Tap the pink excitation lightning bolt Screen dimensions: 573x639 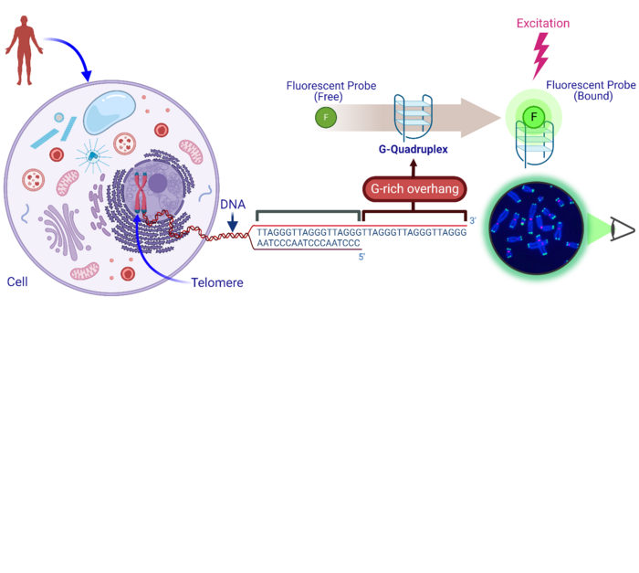tap(541, 56)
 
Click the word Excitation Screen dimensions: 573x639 tap(542, 23)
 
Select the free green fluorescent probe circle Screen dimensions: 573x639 tap(325, 117)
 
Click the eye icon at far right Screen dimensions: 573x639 tap(622, 230)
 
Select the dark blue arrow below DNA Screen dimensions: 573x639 tap(234, 224)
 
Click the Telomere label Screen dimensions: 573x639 tap(217, 283)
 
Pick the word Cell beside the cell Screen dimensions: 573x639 tap(17, 281)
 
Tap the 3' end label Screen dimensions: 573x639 tap(472, 221)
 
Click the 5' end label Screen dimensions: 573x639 tap(361, 257)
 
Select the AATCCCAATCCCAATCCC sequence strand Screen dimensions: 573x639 tap(308, 244)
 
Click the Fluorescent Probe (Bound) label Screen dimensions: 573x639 tap(591, 90)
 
